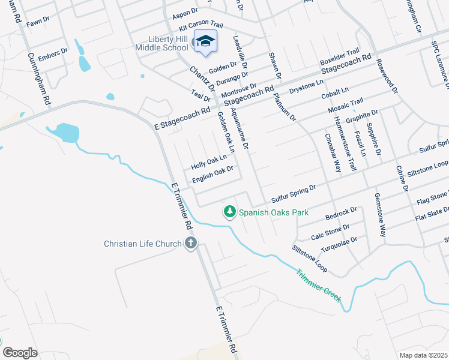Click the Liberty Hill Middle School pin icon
205,42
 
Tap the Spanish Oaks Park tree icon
229,211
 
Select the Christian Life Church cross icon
191,243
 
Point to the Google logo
19,353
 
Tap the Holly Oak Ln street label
208,161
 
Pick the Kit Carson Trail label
200,25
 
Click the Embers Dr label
53,55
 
